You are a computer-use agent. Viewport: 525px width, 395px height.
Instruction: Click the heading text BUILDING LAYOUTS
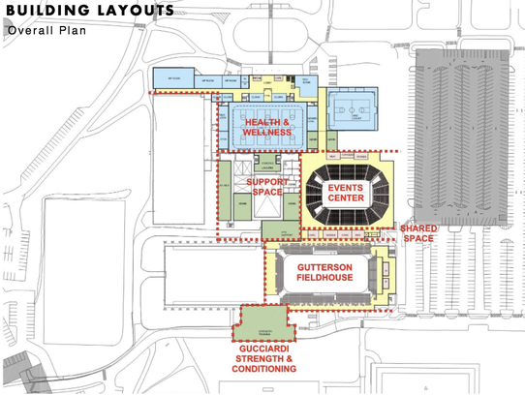89,11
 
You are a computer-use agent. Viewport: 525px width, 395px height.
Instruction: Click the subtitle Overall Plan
46,30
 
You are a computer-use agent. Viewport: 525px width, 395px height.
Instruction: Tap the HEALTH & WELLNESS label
266,128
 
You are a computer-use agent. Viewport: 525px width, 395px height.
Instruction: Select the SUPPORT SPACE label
263,187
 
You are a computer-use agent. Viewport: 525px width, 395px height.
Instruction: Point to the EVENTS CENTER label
346,192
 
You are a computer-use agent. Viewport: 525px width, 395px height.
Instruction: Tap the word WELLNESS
266,134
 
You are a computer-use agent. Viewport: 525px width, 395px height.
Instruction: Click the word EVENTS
346,186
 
